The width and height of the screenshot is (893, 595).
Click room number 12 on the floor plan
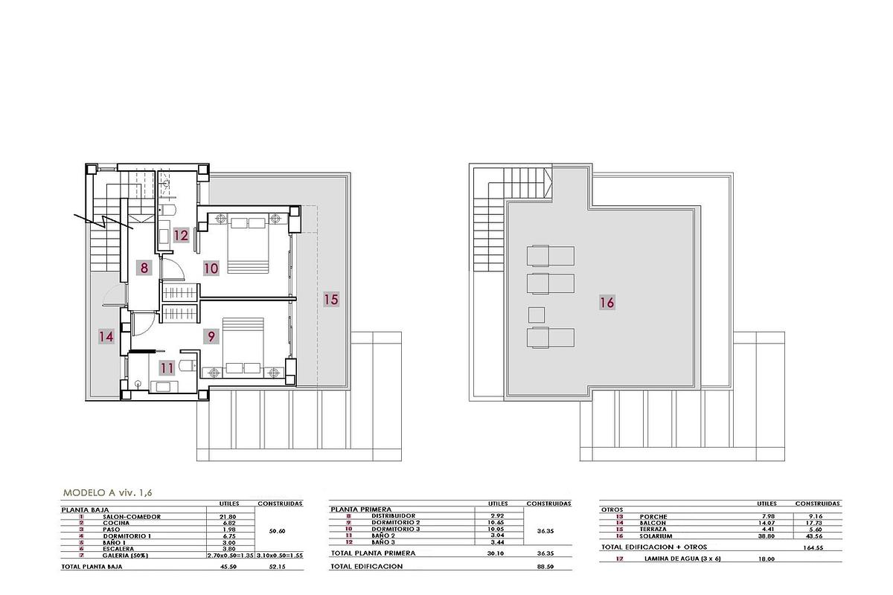pos(182,236)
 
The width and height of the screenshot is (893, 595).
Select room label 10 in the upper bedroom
pos(211,268)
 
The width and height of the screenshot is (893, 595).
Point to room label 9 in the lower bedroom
pos(212,337)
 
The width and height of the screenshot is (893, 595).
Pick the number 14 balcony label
pos(106,337)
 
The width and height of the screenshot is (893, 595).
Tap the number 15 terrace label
pos(331,300)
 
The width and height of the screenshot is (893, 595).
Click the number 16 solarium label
pos(606,303)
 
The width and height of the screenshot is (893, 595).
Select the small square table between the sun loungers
pos(537,312)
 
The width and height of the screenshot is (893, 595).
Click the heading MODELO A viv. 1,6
pos(107,492)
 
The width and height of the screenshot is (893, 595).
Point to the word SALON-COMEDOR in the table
pos(132,516)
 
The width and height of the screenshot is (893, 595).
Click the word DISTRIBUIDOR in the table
pos(394,516)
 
